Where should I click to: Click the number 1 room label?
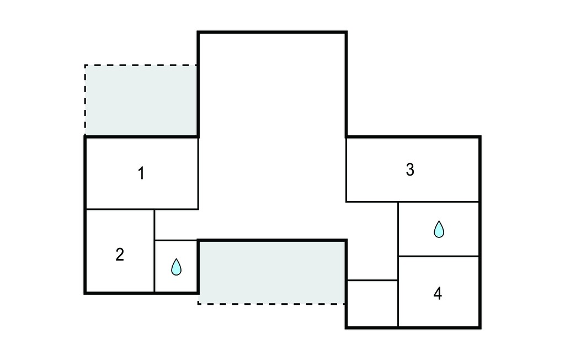point(141,173)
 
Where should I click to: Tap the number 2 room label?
point(120,255)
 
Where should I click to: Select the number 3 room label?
point(410,170)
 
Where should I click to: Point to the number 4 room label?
point(438,294)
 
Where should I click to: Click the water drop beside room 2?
point(176,267)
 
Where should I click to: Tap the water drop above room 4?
point(439,229)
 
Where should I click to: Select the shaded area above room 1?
point(141,100)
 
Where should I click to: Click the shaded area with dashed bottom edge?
point(272,272)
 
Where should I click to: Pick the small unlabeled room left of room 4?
point(372,303)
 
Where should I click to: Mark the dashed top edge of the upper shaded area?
point(141,65)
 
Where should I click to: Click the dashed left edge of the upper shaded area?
point(85,100)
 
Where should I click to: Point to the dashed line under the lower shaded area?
point(272,304)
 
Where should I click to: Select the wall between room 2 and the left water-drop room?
point(154,251)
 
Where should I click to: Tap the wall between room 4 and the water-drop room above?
point(439,257)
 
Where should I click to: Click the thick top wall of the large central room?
point(272,33)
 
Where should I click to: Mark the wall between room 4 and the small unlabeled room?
point(398,292)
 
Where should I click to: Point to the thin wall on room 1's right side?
point(198,173)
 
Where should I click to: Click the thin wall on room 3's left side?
point(347,170)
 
